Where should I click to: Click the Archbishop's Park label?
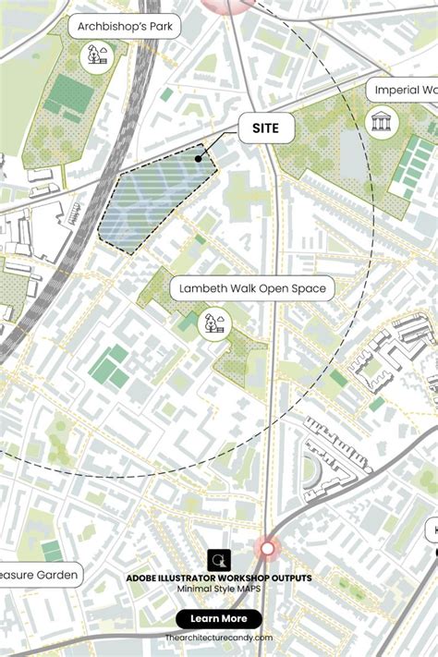coord(124,27)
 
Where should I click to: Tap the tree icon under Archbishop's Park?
coord(95,57)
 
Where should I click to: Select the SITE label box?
coord(266,128)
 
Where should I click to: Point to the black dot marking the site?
coord(198,158)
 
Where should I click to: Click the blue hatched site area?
coord(152,199)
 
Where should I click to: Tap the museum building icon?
coord(381,121)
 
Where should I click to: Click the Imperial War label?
coord(405,91)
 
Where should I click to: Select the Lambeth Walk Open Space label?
coord(252,288)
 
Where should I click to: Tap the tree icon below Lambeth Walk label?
coord(214,323)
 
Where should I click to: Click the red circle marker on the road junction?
coord(268,549)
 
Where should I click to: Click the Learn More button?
coord(219,618)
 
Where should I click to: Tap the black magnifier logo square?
coord(219,560)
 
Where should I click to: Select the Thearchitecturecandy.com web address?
coord(219,638)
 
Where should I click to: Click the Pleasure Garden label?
coord(37,576)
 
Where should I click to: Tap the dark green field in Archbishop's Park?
coord(70,94)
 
